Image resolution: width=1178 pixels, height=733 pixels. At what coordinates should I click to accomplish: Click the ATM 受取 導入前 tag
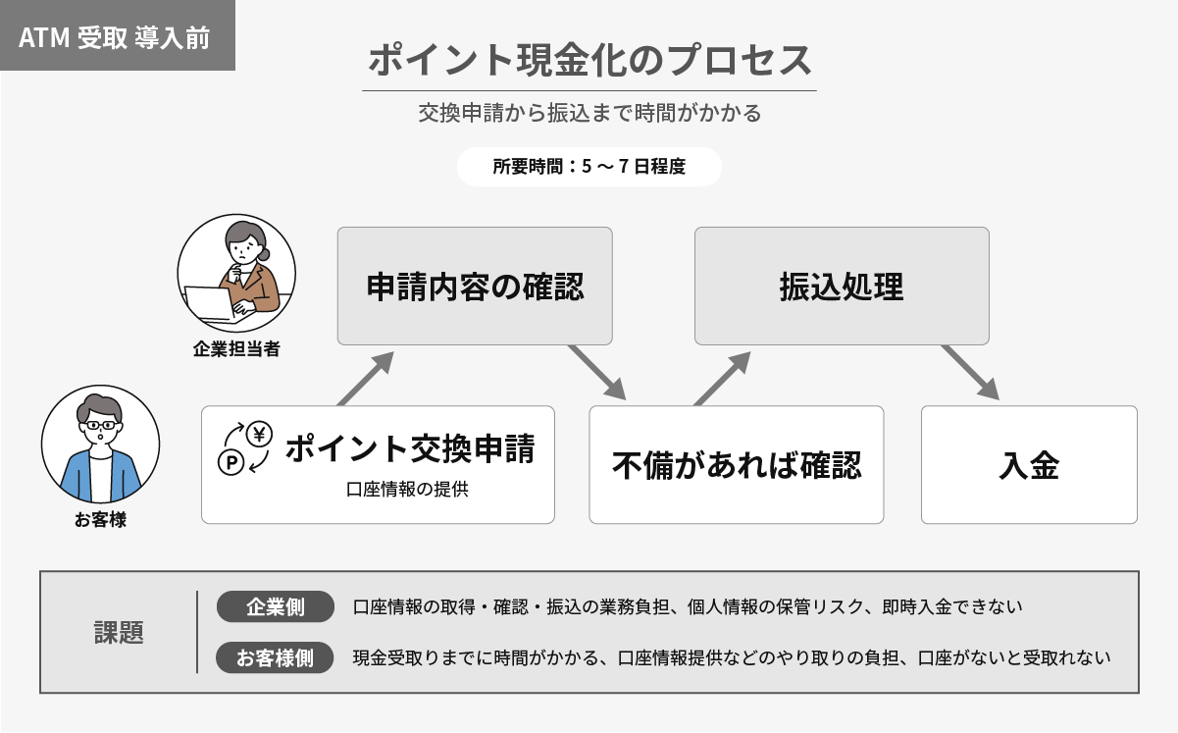coord(118,35)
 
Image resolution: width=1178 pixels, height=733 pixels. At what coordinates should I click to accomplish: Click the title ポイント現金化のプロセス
coord(589,60)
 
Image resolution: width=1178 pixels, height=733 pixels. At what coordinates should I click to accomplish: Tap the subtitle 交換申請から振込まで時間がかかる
coord(589,113)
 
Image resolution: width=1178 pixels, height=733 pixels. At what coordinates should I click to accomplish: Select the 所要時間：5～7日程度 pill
coord(589,167)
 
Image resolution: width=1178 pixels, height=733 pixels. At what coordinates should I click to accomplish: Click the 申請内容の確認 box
coord(475,287)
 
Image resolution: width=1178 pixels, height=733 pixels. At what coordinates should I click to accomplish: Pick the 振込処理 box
coord(842,287)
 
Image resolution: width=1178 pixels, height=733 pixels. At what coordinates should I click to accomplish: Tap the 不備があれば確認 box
coord(737,465)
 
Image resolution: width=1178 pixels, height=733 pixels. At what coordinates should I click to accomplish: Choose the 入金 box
coord(1029,465)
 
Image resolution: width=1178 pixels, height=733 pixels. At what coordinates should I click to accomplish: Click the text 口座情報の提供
coord(407,490)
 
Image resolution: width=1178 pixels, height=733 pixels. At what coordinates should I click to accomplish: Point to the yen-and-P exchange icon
coord(245,448)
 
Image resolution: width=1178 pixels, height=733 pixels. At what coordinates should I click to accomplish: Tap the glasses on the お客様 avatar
coord(100,425)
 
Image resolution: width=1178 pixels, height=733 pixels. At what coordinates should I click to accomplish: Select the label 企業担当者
coord(236,348)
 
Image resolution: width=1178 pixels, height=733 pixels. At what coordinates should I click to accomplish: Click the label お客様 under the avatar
coord(100,520)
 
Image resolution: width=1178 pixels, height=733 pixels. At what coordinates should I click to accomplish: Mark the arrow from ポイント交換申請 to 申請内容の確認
coord(366,379)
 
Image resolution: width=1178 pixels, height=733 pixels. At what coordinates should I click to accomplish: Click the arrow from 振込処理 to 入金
coord(971,373)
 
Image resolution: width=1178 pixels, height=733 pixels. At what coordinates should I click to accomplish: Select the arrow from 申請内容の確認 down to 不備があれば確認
coord(597,373)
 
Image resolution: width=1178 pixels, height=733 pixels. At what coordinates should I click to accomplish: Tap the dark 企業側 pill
coord(275,606)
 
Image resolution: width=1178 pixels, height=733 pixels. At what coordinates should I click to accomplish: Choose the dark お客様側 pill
coord(275,657)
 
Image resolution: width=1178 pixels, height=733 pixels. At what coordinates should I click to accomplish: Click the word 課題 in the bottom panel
coord(119,633)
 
